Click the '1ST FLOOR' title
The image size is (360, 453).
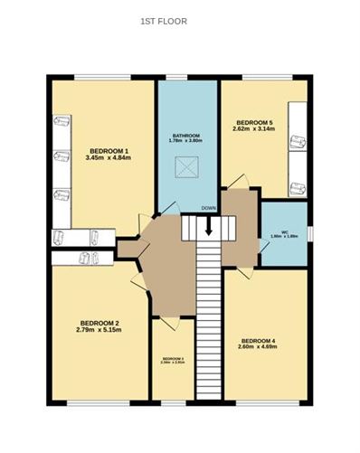pyautogui.click(x=164, y=20)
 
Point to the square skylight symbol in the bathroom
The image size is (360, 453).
pyautogui.click(x=187, y=166)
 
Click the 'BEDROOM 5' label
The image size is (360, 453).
pyautogui.click(x=253, y=122)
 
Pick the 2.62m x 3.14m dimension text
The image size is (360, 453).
pyautogui.click(x=253, y=130)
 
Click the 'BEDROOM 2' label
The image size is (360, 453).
pyautogui.click(x=99, y=323)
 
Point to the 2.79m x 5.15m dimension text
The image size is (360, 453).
pyautogui.click(x=99, y=331)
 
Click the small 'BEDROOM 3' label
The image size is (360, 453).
pyautogui.click(x=173, y=359)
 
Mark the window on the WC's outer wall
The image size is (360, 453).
pyautogui.click(x=309, y=233)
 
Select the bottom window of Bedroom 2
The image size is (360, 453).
pyautogui.click(x=94, y=401)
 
